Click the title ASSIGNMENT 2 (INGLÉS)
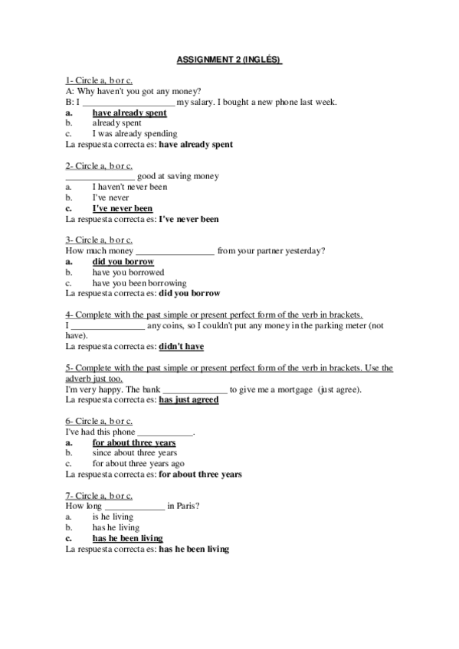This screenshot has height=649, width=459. (229, 58)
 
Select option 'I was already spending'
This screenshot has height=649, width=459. (134, 134)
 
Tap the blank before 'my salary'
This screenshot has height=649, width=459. (128, 103)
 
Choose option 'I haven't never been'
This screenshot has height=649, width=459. (130, 187)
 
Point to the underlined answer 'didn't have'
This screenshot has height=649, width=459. (181, 347)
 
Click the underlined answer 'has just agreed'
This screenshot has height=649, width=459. (189, 400)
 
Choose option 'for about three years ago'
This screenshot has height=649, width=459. (138, 464)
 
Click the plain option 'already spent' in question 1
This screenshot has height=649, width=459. (116, 123)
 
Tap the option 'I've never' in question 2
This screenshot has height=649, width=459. (110, 197)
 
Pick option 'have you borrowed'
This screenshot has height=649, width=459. (128, 272)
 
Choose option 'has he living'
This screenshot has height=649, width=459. (116, 527)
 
